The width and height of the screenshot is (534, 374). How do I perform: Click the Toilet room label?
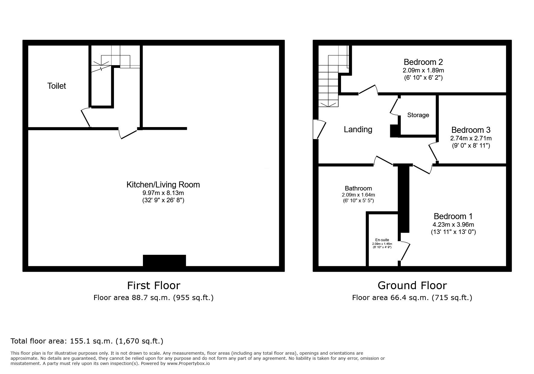[x=57, y=86]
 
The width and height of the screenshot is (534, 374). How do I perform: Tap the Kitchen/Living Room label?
[x=163, y=185]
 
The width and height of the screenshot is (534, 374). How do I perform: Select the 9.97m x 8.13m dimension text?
[x=163, y=193]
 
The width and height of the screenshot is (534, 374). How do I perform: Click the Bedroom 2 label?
[x=423, y=62]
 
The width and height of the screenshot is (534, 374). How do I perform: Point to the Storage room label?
[x=418, y=115]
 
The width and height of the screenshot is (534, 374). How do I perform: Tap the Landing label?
[x=358, y=129]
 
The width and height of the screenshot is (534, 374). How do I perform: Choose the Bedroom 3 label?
[x=471, y=130]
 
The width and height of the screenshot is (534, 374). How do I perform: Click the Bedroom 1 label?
[x=453, y=216]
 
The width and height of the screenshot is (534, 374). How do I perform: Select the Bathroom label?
[x=359, y=189]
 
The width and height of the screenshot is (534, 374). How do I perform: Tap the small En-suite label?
[x=382, y=240]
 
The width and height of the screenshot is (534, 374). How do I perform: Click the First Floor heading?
[x=154, y=285]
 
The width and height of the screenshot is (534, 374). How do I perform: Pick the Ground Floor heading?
[x=412, y=285]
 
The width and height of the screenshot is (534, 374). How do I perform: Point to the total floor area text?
[x=87, y=341]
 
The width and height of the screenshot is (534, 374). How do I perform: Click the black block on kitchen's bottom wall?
[x=164, y=261]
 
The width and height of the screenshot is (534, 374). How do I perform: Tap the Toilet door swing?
[x=86, y=117]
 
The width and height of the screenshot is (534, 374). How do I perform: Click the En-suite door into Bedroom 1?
[x=405, y=251]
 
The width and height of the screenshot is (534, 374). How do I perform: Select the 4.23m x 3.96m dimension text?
[x=453, y=225]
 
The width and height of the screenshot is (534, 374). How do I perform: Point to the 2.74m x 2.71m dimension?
[x=471, y=139]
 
